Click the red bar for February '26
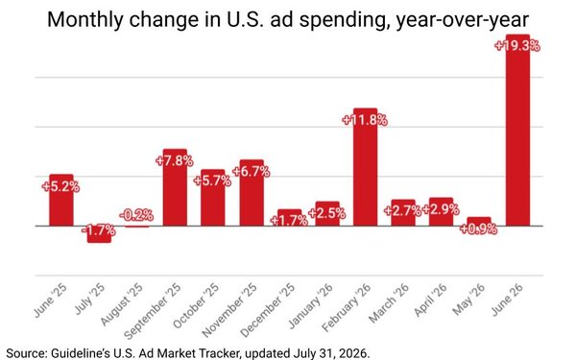pyautogui.click(x=365, y=167)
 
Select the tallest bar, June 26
pyautogui.click(x=517, y=130)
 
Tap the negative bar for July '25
pyautogui.click(x=99, y=234)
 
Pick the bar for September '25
pyautogui.click(x=175, y=187)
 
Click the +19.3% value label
pyautogui.click(x=517, y=46)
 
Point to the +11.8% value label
pyautogui.click(x=365, y=120)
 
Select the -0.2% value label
pyautogui.click(x=136, y=215)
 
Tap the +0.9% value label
pyautogui.click(x=478, y=229)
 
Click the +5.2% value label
pyautogui.click(x=60, y=186)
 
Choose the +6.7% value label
pyautogui.click(x=252, y=172)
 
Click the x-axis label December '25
pyautogui.click(x=268, y=310)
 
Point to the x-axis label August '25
pyautogui.click(x=121, y=304)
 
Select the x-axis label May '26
pyautogui.click(x=468, y=299)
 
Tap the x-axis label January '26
pyautogui.click(x=310, y=305)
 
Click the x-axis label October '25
pyautogui.click(x=196, y=305)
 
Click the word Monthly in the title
pyautogui.click(x=85, y=20)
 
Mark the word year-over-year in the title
pyautogui.click(x=463, y=20)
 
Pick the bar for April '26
pyautogui.click(x=442, y=211)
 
